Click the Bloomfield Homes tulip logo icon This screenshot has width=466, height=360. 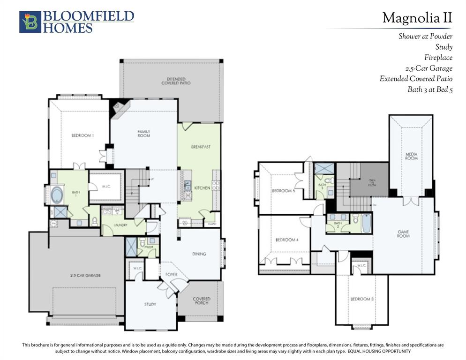click(x=30, y=22)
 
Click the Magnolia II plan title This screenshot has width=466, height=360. click(x=417, y=18)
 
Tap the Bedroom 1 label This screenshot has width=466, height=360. click(x=83, y=135)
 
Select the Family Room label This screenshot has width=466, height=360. click(x=143, y=133)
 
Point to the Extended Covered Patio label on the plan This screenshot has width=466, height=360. click(x=173, y=81)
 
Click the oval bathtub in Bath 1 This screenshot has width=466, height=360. click(x=58, y=194)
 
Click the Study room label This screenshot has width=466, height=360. click(x=150, y=304)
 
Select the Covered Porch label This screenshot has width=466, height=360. click(x=201, y=300)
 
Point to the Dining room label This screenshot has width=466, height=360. click(x=199, y=254)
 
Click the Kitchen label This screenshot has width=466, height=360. click(x=202, y=187)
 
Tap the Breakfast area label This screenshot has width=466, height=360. click(x=201, y=147)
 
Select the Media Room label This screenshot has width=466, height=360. click(x=411, y=156)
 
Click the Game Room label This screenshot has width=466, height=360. click(x=403, y=233)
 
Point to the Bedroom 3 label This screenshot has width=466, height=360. click(x=361, y=299)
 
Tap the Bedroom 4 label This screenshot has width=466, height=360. click(x=287, y=240)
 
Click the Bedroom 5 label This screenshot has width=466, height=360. click(x=283, y=191)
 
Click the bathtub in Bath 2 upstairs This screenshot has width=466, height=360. click(x=367, y=223)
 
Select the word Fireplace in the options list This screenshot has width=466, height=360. click(x=438, y=58)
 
